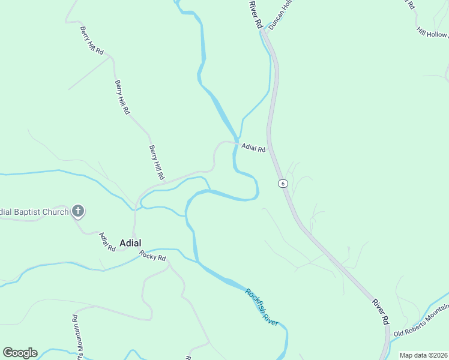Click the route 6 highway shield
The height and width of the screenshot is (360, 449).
point(282,183)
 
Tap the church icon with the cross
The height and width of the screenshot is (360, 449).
point(77,211)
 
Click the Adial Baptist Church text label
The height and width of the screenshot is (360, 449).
point(33,211)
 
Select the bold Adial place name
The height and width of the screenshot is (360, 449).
point(130,243)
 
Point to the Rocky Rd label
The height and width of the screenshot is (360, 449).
point(152,256)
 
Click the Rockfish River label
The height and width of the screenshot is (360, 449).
point(262,307)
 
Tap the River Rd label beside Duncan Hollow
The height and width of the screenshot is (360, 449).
point(256,14)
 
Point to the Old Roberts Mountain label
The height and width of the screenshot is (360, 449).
point(420,323)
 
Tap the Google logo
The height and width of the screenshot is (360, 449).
point(20,353)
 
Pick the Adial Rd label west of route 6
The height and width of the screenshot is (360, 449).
point(253,148)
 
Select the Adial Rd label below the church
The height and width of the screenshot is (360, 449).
point(107,241)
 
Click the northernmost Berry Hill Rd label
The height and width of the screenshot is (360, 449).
point(92,40)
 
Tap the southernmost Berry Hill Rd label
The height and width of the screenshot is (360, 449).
point(157,163)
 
